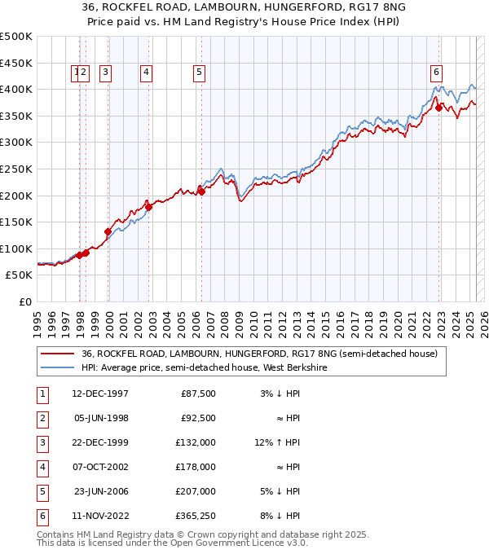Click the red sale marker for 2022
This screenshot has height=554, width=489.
[x=438, y=107]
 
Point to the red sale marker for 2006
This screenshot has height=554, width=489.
[x=201, y=191]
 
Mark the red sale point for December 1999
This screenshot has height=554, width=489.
[x=108, y=231]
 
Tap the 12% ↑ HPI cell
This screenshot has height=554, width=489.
[x=277, y=444]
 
